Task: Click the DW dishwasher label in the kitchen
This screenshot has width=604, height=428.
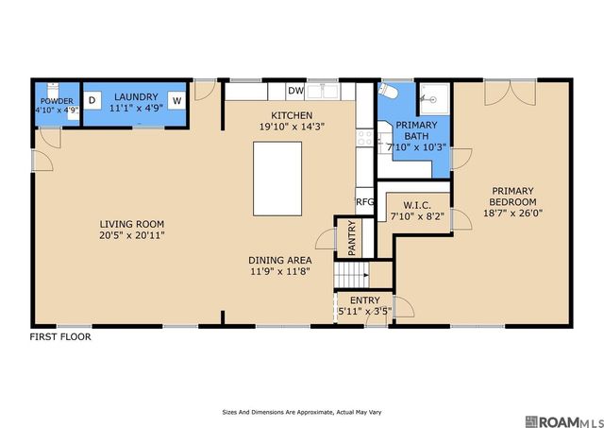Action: (296, 91)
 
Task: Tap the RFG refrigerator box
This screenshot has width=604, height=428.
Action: (364, 201)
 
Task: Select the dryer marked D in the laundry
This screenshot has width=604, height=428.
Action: (92, 100)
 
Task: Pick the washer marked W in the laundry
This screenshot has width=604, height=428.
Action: (176, 101)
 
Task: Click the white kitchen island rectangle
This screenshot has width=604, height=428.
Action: (277, 179)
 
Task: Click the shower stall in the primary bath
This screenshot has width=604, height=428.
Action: (434, 99)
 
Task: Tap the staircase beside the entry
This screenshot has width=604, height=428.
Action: (351, 275)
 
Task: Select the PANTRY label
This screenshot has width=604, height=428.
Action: (351, 238)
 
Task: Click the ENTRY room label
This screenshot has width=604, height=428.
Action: (365, 300)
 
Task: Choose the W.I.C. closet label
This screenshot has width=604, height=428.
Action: (417, 206)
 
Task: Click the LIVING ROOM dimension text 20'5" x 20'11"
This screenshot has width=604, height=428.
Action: (132, 235)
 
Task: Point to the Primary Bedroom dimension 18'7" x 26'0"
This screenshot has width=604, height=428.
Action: (512, 213)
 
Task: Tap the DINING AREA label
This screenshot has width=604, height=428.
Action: (280, 260)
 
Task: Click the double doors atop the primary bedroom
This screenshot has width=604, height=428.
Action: (510, 93)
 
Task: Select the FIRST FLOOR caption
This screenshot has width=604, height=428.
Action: (60, 337)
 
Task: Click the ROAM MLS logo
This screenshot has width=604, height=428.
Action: (563, 421)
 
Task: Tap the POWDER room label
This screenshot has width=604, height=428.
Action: (57, 101)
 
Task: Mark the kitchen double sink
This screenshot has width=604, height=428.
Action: (323, 92)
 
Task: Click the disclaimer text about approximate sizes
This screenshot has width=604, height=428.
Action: (302, 412)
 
